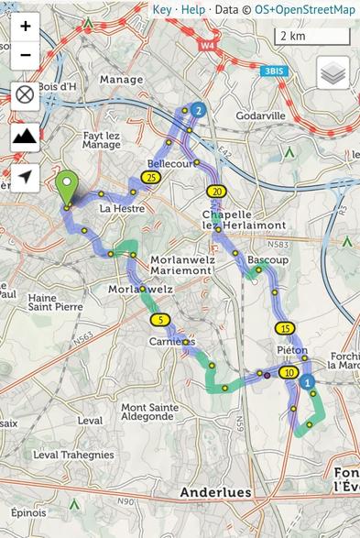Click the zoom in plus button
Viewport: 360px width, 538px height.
point(25,26)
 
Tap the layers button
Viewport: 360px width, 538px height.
point(333,72)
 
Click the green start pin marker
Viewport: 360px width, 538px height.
point(67,187)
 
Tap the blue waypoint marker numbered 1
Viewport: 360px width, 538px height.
point(308,381)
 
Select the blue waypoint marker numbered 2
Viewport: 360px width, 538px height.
point(199,110)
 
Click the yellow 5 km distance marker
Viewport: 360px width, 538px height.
point(161,320)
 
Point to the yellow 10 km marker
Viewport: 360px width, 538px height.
point(289,372)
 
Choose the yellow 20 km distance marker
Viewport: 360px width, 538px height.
point(216,192)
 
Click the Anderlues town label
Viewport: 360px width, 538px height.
point(215,492)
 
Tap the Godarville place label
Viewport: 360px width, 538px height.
point(261,116)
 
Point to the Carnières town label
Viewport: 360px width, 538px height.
point(172,341)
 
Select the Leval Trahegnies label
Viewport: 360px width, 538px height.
point(73,455)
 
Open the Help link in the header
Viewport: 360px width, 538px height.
point(192,9)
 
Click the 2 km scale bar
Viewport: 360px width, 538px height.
point(311,37)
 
